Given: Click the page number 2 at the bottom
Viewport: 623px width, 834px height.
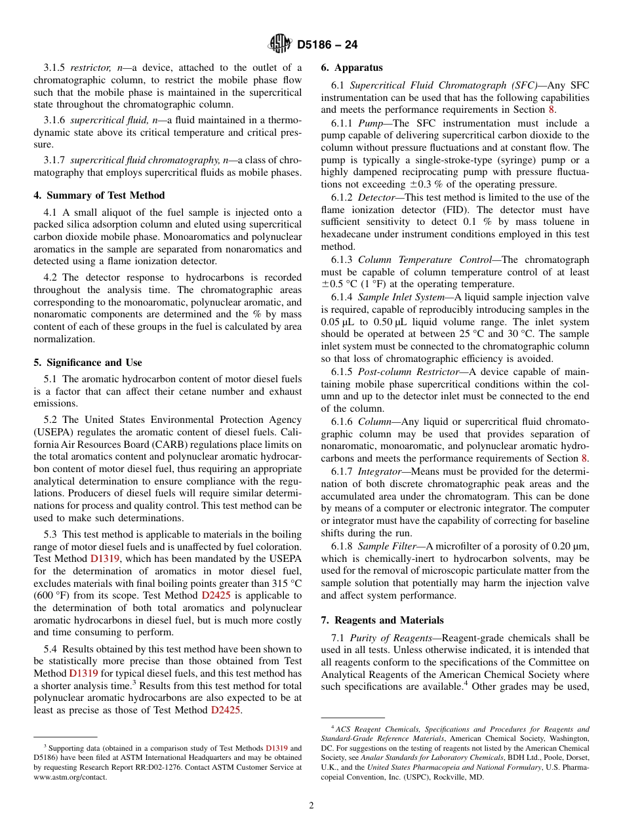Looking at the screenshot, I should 311,806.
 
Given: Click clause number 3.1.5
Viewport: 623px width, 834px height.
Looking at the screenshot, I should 55,68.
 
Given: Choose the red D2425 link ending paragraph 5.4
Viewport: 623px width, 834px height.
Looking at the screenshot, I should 226,710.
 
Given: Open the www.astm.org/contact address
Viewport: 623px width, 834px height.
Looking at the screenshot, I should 70,777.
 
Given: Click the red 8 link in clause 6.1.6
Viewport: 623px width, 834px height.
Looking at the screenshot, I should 585,458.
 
